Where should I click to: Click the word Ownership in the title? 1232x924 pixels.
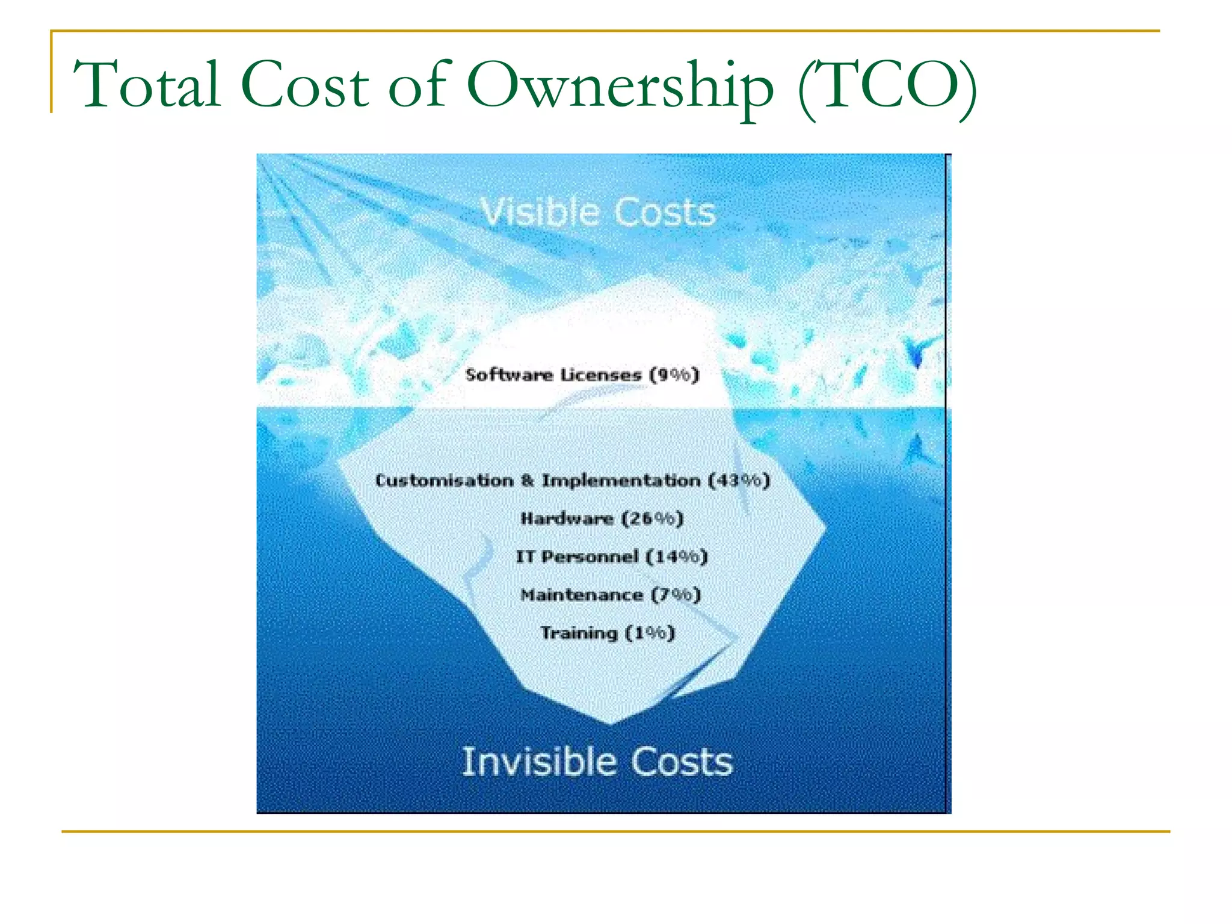click(x=620, y=85)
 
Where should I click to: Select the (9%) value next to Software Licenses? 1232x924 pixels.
click(x=674, y=375)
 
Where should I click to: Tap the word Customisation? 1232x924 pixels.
click(x=445, y=481)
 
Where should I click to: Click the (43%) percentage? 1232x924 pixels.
click(x=739, y=481)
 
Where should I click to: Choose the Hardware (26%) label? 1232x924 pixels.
click(x=602, y=519)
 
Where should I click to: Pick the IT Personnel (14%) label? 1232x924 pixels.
click(x=611, y=556)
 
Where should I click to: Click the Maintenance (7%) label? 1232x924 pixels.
click(x=611, y=595)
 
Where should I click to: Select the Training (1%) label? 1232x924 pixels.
click(x=608, y=633)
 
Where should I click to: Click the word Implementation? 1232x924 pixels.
click(x=621, y=481)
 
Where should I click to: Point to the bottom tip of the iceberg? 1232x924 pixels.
click(x=610, y=721)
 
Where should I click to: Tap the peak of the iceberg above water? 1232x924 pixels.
click(x=647, y=277)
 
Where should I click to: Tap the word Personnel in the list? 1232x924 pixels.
click(x=590, y=556)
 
